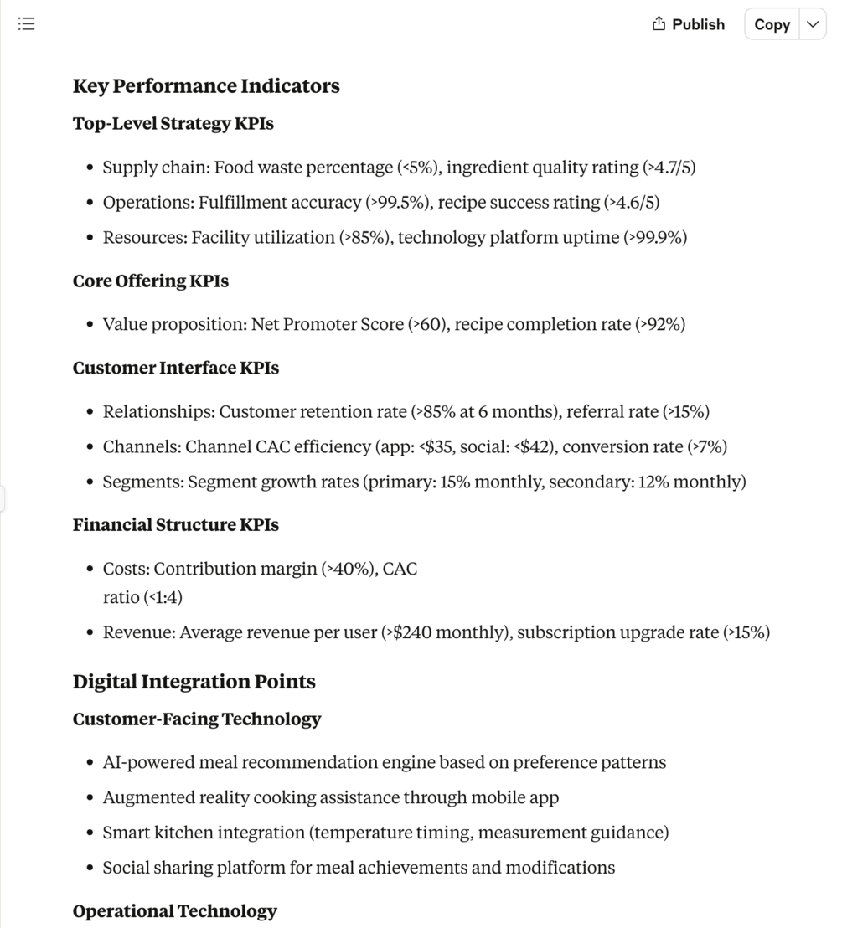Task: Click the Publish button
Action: (x=688, y=24)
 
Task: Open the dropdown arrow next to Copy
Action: (x=812, y=24)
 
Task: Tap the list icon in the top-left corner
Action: (x=26, y=23)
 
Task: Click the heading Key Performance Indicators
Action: (x=206, y=86)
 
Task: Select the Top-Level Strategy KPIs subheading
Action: (x=173, y=124)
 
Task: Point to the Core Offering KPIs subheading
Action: (x=150, y=281)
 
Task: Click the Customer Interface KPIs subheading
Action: (x=175, y=368)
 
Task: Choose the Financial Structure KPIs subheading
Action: (x=175, y=525)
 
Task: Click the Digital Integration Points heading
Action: (x=194, y=682)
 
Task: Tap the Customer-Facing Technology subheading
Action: (x=196, y=719)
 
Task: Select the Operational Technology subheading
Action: (x=174, y=911)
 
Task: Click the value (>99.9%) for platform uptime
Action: (x=655, y=238)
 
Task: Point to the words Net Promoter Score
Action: (x=327, y=325)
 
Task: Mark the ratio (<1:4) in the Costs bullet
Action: (x=163, y=598)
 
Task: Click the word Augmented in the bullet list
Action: (x=148, y=798)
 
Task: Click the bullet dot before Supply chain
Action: (x=90, y=168)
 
